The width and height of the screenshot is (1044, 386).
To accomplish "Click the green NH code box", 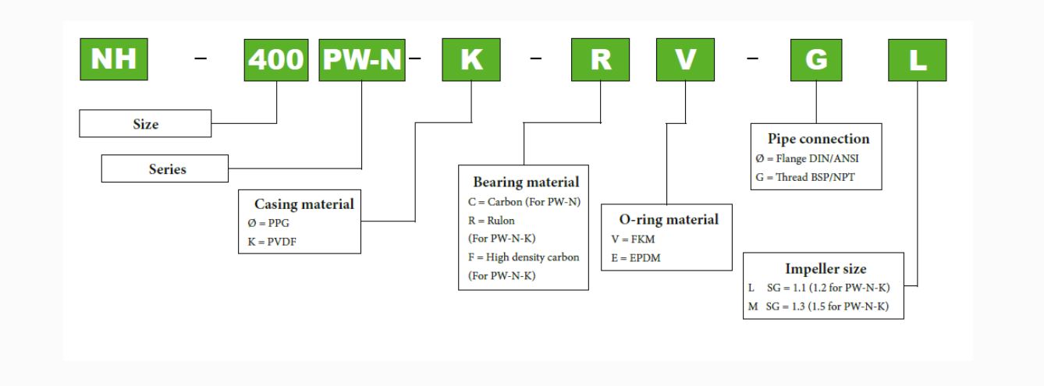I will (x=115, y=59).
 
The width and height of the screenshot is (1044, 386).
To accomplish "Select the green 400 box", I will (x=277, y=60).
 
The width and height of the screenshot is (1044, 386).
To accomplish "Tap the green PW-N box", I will (x=362, y=60).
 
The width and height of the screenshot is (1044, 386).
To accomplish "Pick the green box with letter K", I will (x=471, y=60).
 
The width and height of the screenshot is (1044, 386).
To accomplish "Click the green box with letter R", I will (x=600, y=60).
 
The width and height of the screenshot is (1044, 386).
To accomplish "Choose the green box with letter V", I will (x=684, y=60).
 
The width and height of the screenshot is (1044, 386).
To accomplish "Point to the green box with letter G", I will (x=816, y=60).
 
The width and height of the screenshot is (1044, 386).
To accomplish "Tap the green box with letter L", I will (x=918, y=60).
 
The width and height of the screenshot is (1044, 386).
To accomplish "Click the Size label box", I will (x=145, y=124).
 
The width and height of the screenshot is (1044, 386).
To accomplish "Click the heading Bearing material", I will (x=525, y=182).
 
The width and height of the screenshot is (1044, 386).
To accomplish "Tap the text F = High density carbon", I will (x=518, y=257).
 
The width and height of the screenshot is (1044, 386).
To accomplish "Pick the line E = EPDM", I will (x=631, y=257).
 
